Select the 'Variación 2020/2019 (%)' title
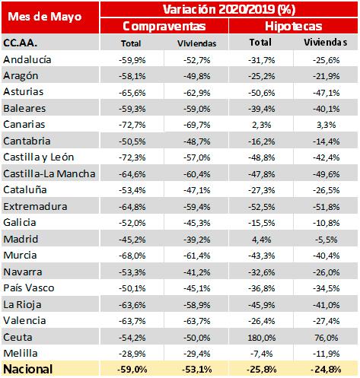pos(229,9)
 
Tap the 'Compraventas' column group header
pos(164,26)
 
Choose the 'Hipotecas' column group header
pos(293,26)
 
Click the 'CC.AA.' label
pos(20,43)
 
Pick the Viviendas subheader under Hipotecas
pos(326,43)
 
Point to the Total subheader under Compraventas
pos(131,43)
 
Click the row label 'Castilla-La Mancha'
pos(49,174)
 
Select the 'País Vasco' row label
pos(29,288)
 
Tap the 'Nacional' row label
pos(28,369)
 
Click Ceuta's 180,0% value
pos(262,338)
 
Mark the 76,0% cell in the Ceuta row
pos(327,338)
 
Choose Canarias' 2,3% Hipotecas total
pos(262,125)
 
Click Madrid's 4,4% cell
pos(262,240)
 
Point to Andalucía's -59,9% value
pos(132,60)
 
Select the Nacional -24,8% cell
pos(326,370)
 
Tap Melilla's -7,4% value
pos(262,354)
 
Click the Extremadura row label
pos(35,207)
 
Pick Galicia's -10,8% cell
pos(327,223)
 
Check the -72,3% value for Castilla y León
pos(132,157)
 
